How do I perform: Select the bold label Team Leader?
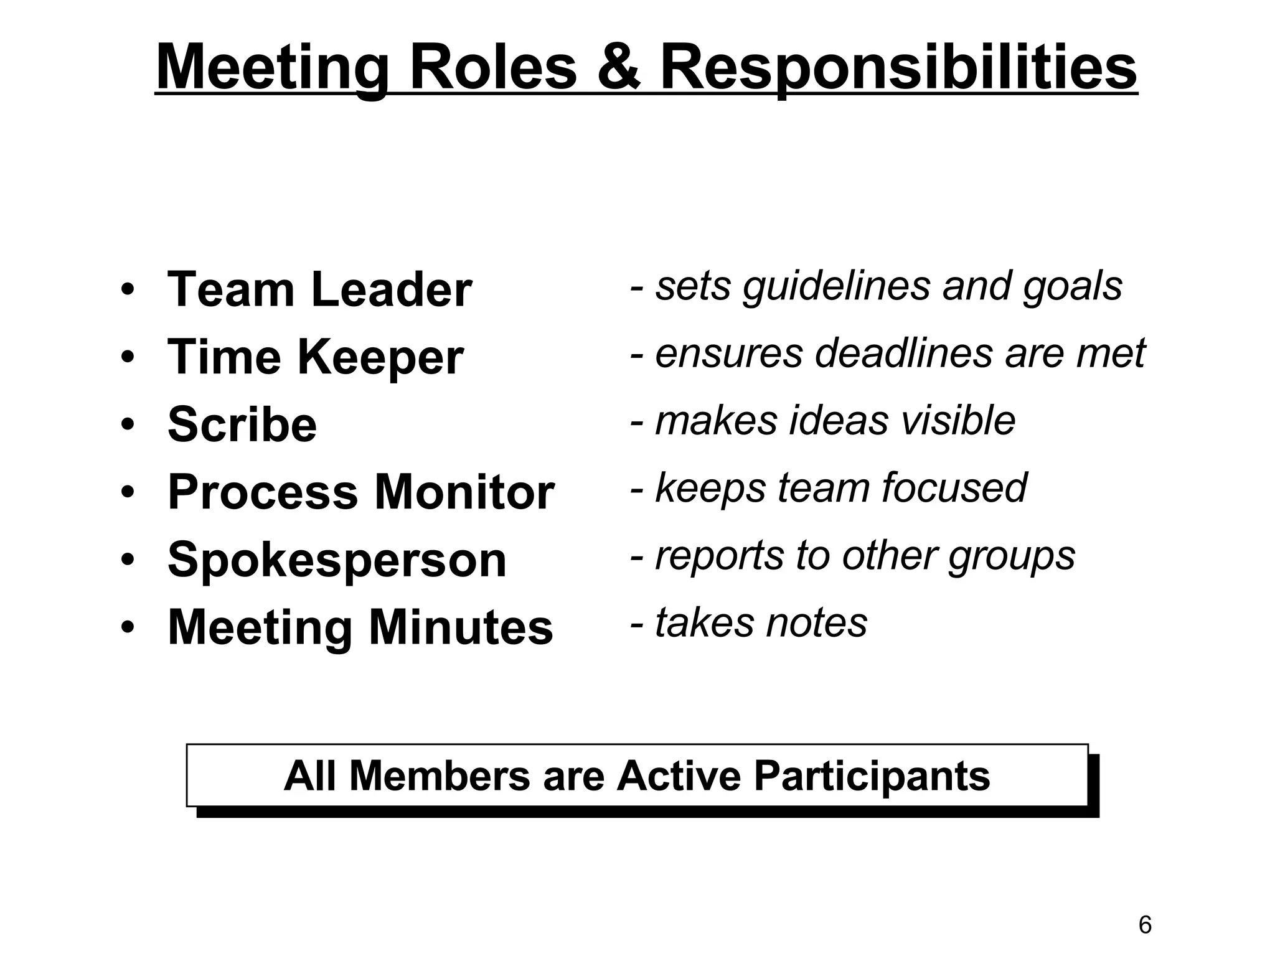click(319, 290)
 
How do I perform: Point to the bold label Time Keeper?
click(315, 357)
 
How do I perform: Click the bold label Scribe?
click(242, 424)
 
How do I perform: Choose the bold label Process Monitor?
click(360, 492)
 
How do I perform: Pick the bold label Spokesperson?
click(337, 560)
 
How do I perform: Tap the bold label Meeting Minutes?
click(360, 627)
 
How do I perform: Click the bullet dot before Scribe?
click(128, 425)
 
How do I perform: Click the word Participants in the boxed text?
click(871, 776)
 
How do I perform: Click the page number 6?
click(1145, 926)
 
